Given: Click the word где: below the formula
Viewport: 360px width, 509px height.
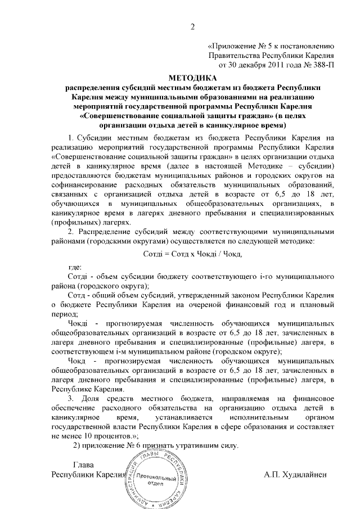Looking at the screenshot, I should (x=75, y=267).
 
